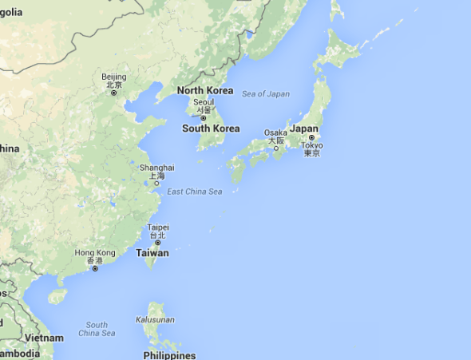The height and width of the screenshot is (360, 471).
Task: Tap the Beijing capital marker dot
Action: tap(113, 93)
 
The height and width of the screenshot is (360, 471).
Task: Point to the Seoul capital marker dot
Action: tap(204, 118)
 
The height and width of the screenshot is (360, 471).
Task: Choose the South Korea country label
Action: tap(211, 129)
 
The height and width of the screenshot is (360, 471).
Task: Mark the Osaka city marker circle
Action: tap(276, 148)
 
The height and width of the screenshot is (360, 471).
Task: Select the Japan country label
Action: tap(304, 128)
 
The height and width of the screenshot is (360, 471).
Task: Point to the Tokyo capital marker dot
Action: tap(311, 137)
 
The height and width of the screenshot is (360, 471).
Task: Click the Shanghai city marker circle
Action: tap(156, 183)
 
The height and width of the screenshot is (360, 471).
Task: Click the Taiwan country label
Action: tap(152, 253)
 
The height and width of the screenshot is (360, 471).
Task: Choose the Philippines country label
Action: tap(169, 354)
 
